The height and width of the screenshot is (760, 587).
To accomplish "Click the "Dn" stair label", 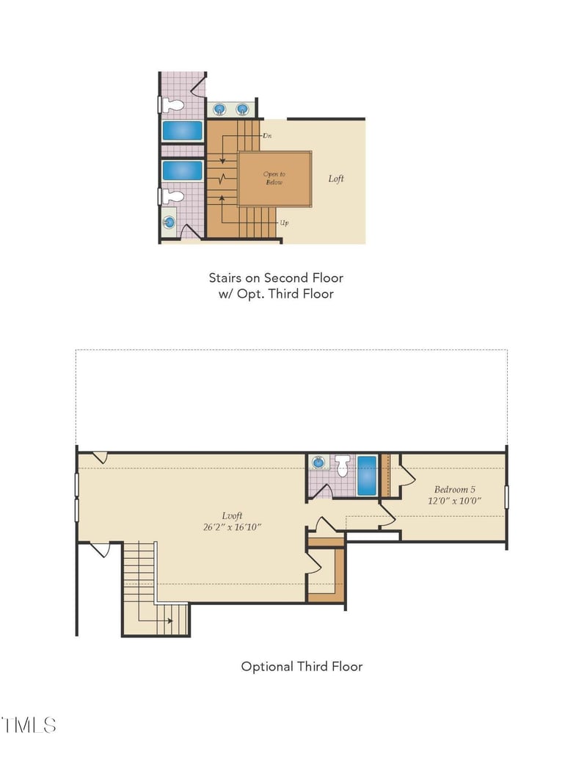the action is tap(267, 136).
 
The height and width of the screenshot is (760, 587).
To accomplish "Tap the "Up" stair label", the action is tap(284, 223).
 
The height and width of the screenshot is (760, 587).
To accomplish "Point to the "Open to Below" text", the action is tap(274, 178).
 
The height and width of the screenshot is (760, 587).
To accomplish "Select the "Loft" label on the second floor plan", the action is tap(336, 178).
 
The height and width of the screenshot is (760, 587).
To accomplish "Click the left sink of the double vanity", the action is tap(220, 109).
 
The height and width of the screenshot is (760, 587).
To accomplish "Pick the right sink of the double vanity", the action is tap(242, 109).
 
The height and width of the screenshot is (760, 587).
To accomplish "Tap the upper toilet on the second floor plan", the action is tap(172, 105).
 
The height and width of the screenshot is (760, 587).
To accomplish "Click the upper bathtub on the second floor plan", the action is tap(182, 131).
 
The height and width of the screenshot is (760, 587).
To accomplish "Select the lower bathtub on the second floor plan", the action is tap(182, 170).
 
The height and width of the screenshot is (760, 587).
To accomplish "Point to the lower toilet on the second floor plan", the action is tap(172, 196).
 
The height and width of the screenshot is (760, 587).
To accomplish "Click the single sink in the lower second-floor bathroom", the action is tap(169, 222).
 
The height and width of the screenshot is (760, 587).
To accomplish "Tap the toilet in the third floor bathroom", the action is tap(343, 466).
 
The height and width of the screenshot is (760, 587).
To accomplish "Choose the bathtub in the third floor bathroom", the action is tap(367, 476).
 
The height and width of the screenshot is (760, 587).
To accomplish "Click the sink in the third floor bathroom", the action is tap(318, 463).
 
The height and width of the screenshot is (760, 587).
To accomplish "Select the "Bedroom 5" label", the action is tap(454, 490).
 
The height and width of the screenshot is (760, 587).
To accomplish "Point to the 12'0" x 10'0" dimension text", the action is tap(454, 501).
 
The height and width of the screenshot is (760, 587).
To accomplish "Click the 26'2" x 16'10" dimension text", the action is tap(232, 527).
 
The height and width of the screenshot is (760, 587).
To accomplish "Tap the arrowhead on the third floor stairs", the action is tap(170, 620).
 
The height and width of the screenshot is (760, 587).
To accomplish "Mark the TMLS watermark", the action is tap(29, 725).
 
